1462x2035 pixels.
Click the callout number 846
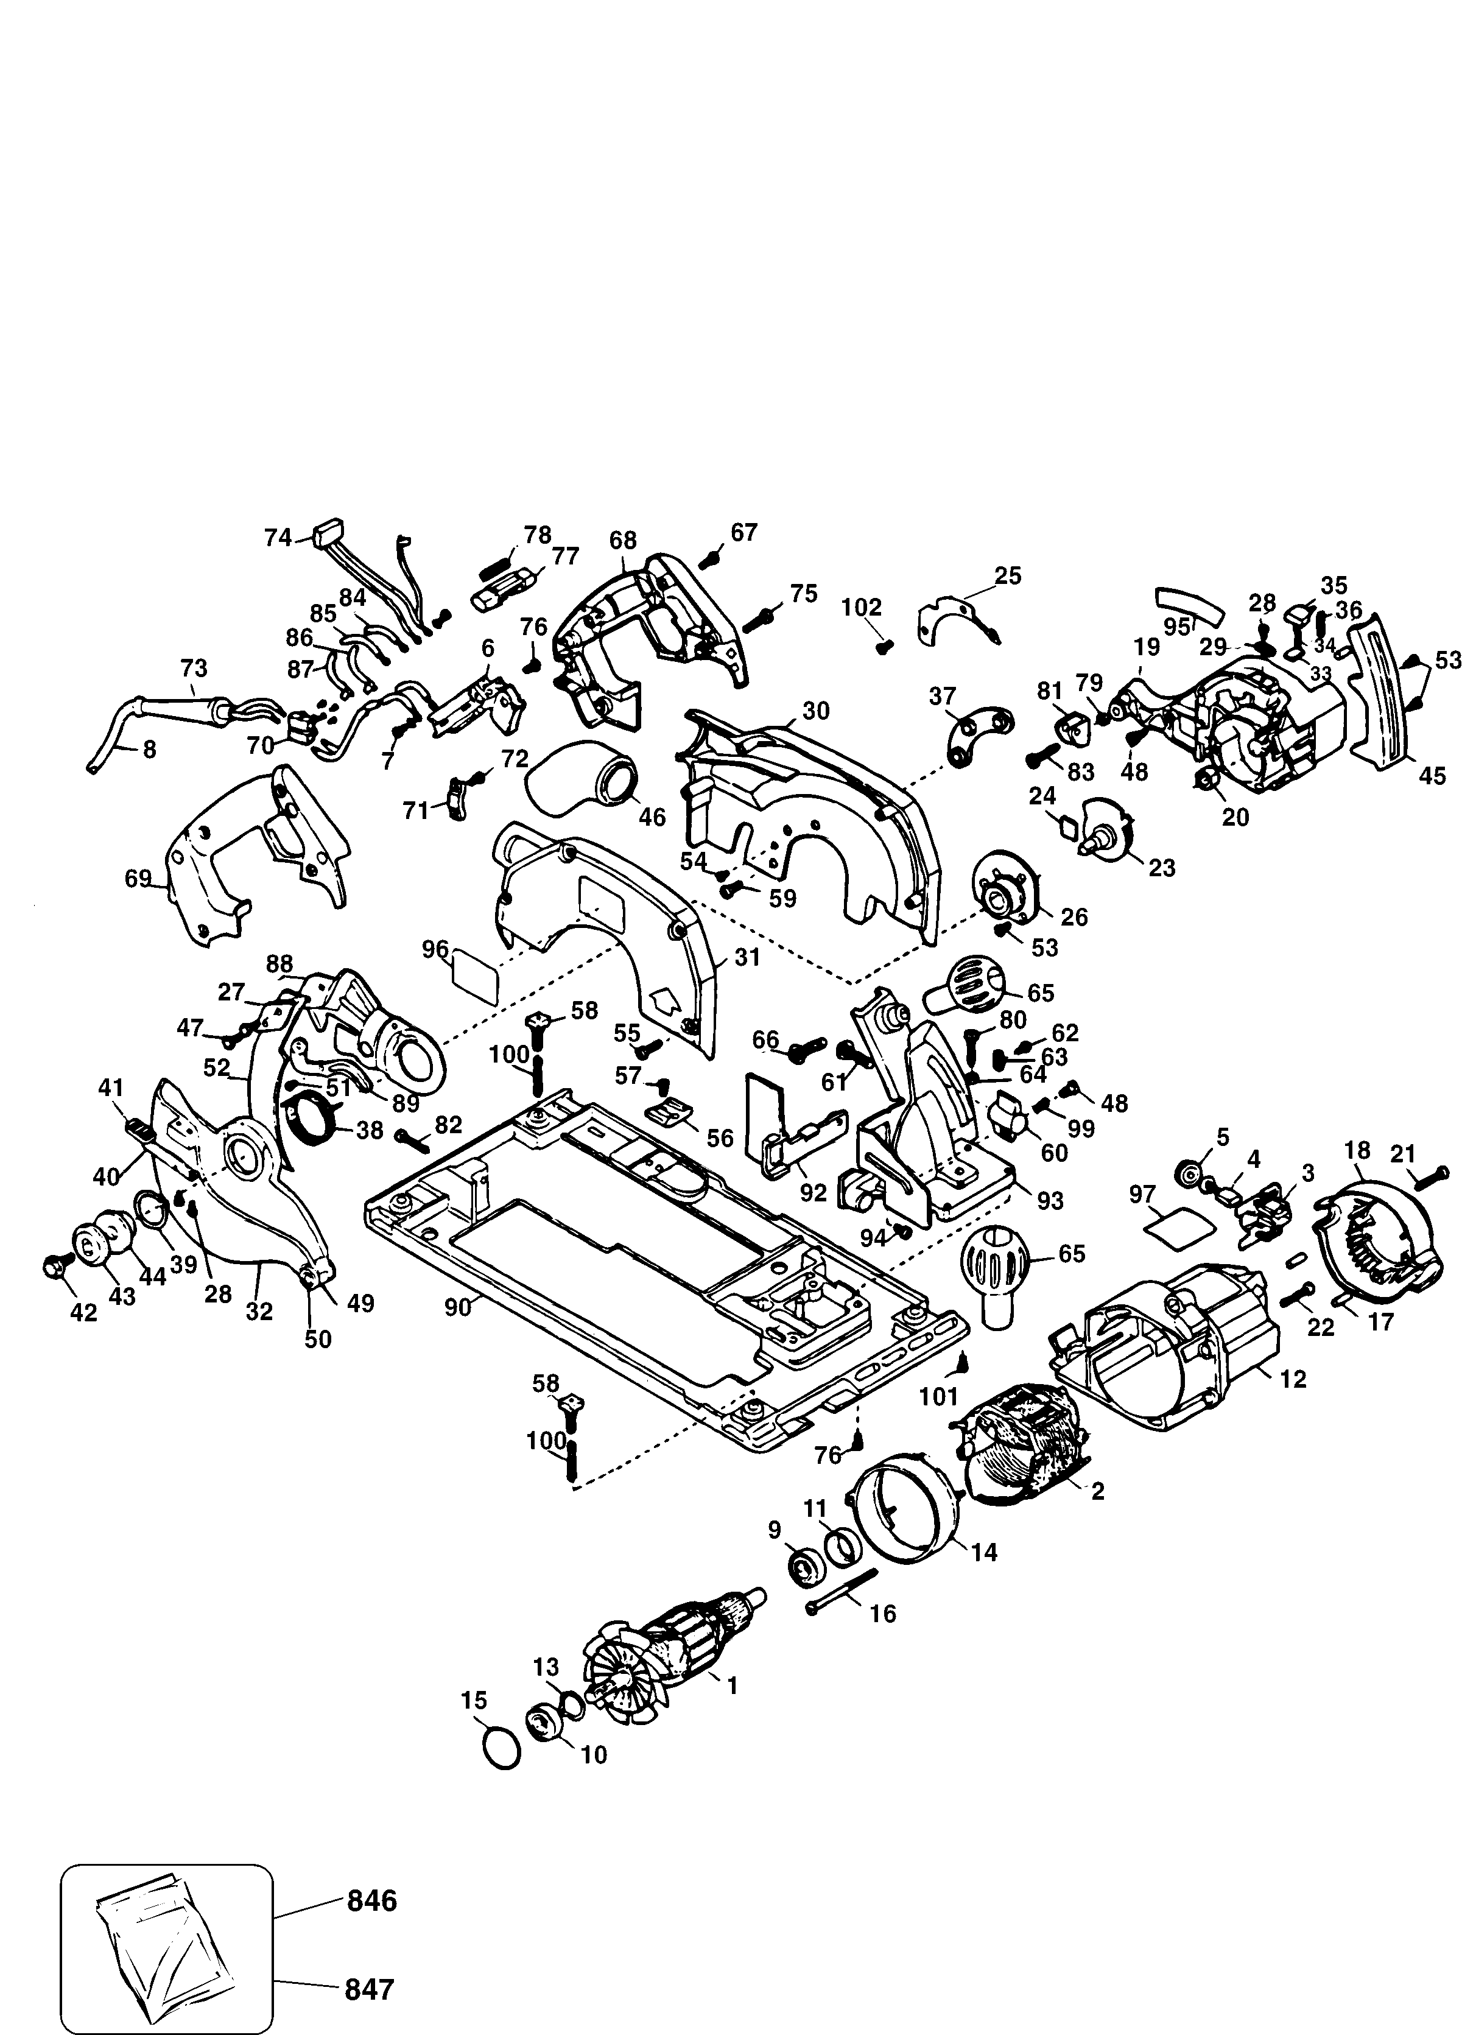pyautogui.click(x=371, y=1901)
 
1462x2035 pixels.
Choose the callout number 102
pyautogui.click(x=862, y=608)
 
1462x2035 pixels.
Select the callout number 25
pyautogui.click(x=1008, y=575)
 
